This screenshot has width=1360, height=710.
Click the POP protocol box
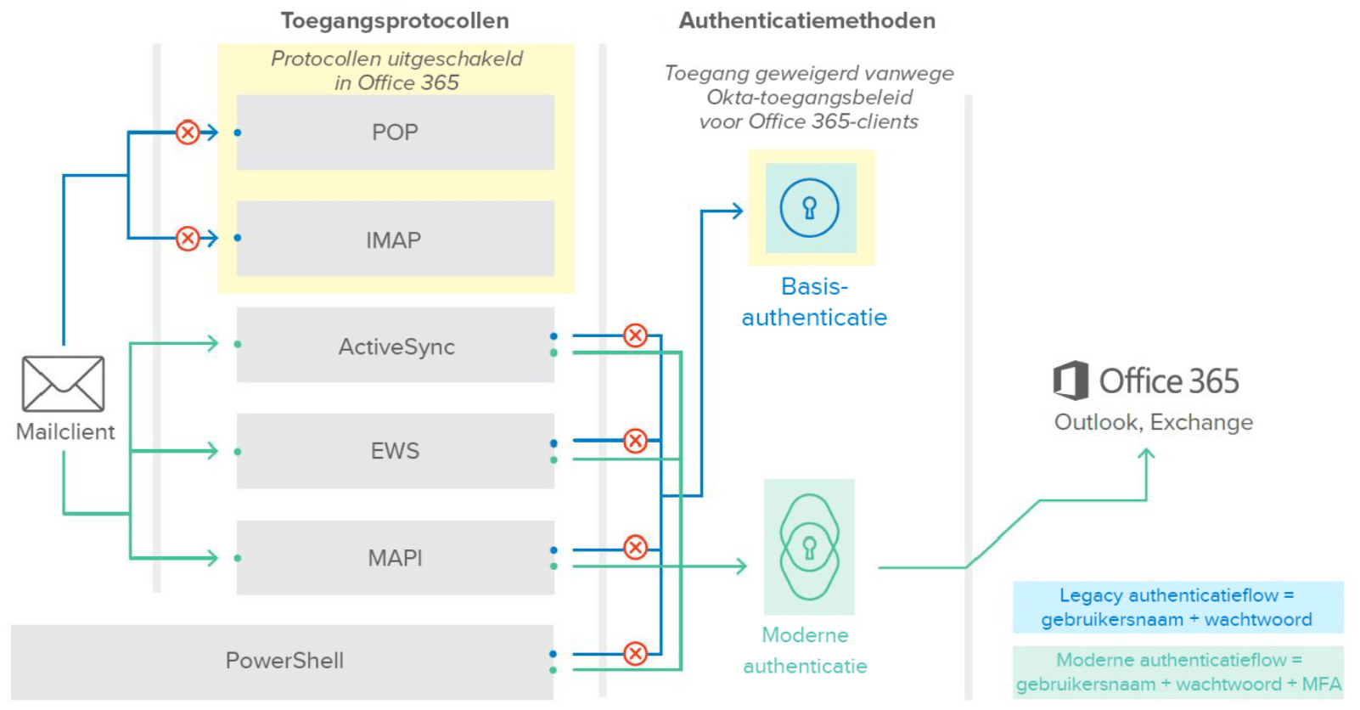coord(395,132)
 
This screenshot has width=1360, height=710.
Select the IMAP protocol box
coord(395,239)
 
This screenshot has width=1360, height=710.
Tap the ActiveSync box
coord(395,346)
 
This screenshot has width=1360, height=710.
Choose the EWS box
coord(395,451)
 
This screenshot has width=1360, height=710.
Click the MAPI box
coord(395,558)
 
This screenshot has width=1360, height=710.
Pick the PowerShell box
coord(283,661)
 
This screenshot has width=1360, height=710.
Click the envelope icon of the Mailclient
coord(64,384)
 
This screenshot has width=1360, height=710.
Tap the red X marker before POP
coord(188,132)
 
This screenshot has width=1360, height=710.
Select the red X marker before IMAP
coord(188,239)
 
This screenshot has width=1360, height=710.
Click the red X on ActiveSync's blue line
coord(635,335)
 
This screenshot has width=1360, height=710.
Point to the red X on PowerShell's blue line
coord(635,653)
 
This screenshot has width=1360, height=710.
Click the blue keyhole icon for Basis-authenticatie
coord(810,208)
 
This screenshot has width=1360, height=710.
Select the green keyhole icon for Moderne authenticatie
coord(809,548)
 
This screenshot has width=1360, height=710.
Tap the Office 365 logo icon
coord(1071,380)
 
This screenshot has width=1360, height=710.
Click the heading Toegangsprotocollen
coord(395,20)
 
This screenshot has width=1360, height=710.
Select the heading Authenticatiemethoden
coord(806,20)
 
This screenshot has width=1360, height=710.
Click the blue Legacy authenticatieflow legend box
coord(1177,607)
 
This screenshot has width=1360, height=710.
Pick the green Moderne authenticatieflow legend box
coord(1177,672)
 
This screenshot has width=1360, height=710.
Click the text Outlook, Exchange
coord(1153,422)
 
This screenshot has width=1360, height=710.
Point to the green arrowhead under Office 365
coord(1146,456)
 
